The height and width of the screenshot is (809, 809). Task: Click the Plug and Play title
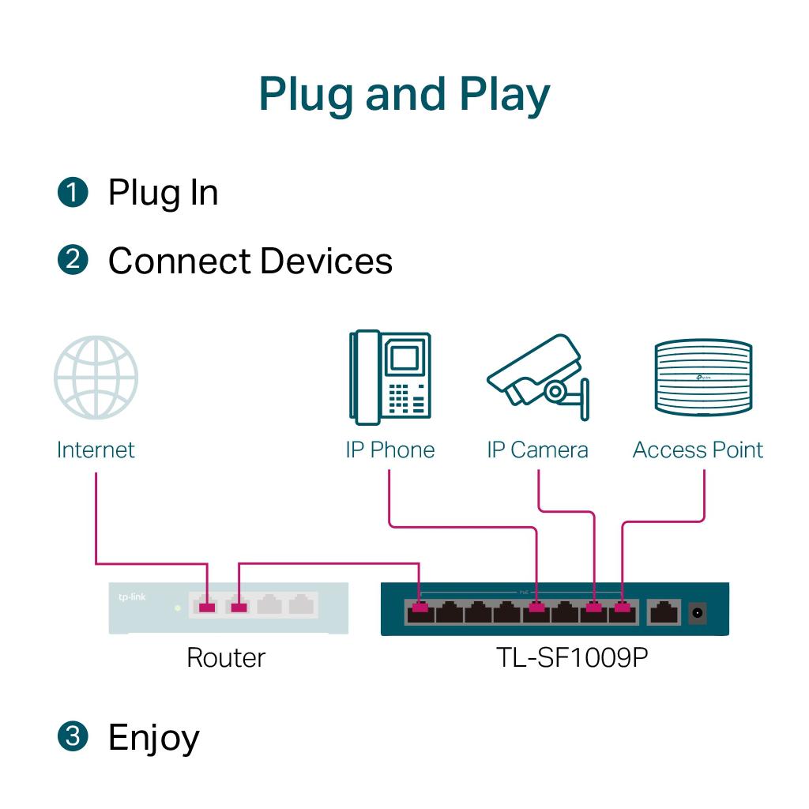[404, 95]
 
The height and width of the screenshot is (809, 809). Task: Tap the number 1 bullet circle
[73, 193]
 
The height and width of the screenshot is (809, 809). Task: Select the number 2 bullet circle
[73, 261]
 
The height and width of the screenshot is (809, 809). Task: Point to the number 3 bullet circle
[73, 736]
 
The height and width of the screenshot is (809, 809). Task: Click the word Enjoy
[154, 737]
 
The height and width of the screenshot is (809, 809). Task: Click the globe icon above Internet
[96, 378]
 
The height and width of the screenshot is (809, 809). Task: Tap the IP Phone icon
[389, 378]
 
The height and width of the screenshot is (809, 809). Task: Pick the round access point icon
[702, 378]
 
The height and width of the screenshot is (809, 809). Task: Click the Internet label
[96, 450]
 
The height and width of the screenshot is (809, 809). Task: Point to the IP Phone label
[389, 450]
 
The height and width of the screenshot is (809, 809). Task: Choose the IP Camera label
[537, 450]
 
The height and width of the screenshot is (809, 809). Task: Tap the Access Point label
[698, 450]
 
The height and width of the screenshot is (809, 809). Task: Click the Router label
[226, 657]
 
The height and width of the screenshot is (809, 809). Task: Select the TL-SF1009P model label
[573, 657]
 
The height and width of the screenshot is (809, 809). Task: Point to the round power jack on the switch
[698, 611]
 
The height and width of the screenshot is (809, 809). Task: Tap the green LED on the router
[178, 608]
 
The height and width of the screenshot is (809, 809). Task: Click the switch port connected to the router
[420, 610]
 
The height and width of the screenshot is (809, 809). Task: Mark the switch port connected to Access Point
[623, 610]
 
